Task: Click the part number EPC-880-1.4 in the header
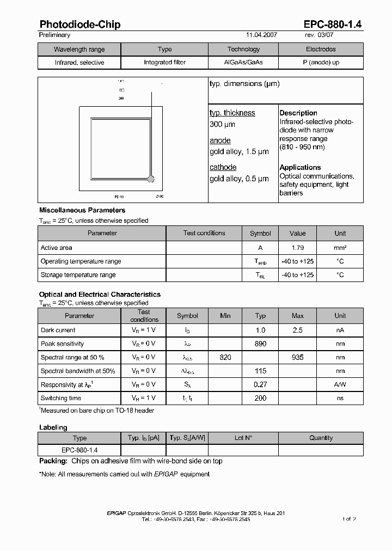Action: (x=333, y=25)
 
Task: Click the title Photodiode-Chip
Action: (x=80, y=25)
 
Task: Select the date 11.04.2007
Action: (x=261, y=35)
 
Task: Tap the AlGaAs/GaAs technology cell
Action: (x=243, y=63)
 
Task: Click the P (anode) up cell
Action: (x=321, y=63)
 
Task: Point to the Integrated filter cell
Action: (x=164, y=63)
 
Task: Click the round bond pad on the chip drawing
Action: (x=151, y=178)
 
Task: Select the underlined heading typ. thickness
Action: (x=232, y=113)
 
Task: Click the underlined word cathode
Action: (x=223, y=167)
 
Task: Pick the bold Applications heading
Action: (x=300, y=167)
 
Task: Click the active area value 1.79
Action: (x=297, y=248)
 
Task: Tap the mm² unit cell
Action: (x=340, y=248)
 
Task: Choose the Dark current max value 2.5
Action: (x=298, y=330)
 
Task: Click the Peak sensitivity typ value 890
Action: (x=260, y=344)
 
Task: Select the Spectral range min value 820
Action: (x=225, y=358)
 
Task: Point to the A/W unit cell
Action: (x=340, y=384)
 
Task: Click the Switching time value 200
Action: (x=260, y=398)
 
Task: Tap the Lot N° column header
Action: (x=243, y=438)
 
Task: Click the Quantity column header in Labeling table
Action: (x=321, y=438)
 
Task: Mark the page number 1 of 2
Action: (x=349, y=519)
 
